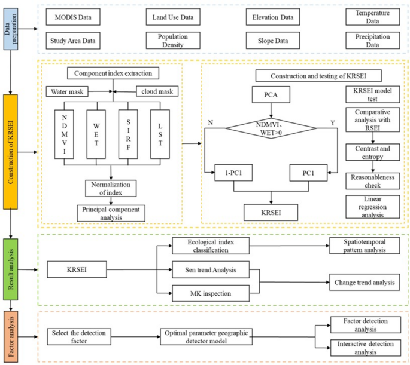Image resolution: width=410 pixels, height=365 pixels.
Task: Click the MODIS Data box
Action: click(x=73, y=17)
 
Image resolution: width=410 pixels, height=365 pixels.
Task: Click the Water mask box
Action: click(x=68, y=92)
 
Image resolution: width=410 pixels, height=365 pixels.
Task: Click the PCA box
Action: click(x=273, y=95)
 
